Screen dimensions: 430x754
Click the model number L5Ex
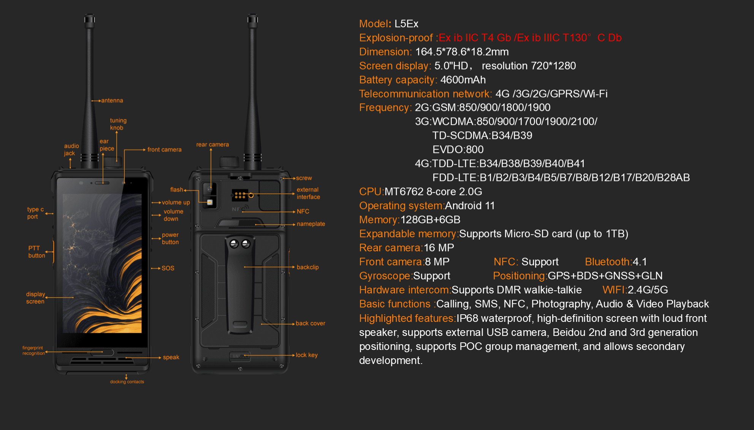[x=406, y=24]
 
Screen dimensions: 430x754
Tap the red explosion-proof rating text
[x=530, y=38]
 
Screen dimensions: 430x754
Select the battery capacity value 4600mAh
[x=463, y=80]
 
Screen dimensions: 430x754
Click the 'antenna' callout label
[x=112, y=101]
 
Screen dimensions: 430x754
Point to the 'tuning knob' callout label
[x=118, y=124]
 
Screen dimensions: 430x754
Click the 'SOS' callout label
[x=168, y=268]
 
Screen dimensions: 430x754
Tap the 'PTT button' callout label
[x=36, y=252]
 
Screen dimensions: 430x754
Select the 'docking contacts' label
[x=127, y=382]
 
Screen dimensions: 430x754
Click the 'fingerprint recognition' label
[x=33, y=351]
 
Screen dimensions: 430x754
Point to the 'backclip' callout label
[x=307, y=267]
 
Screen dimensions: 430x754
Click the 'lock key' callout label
[x=306, y=355]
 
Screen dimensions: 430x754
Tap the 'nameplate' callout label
[x=310, y=224]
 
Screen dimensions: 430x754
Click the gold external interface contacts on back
[x=240, y=195]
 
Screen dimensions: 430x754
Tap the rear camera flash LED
[x=210, y=202]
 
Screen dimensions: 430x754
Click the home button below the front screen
[x=102, y=352]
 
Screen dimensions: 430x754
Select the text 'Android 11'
[x=470, y=206]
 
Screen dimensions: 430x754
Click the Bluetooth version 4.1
[x=640, y=262]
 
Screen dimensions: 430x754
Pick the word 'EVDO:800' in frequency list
[x=458, y=150]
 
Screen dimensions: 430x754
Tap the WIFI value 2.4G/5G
[x=648, y=290]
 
